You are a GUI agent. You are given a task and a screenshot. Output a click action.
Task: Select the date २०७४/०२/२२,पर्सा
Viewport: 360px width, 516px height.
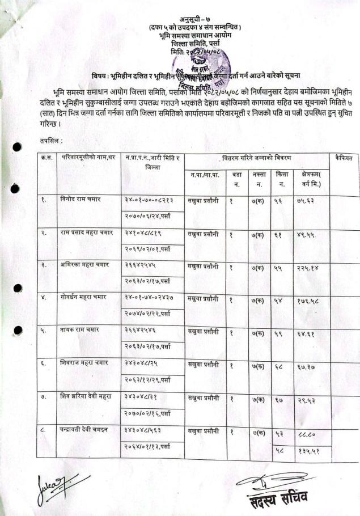(147, 312)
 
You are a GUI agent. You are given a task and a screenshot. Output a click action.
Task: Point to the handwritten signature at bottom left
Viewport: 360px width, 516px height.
(53, 485)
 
